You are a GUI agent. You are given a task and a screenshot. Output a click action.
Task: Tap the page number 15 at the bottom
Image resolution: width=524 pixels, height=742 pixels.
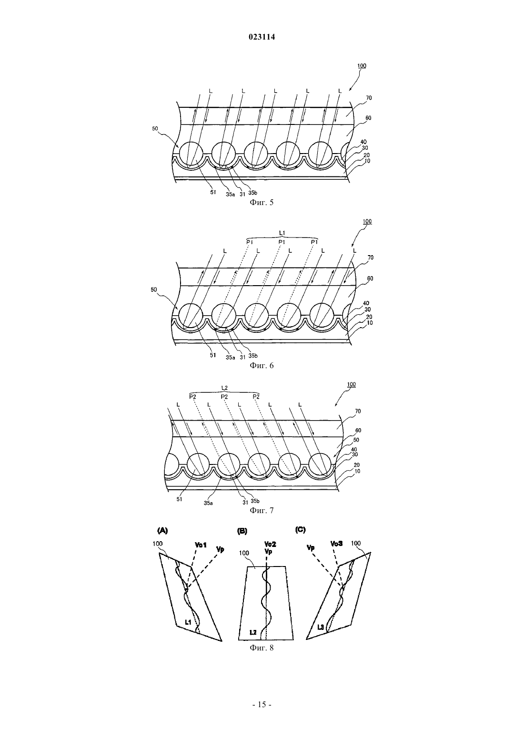262,705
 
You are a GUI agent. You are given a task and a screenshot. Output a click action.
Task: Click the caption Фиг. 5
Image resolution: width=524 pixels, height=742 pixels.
262,202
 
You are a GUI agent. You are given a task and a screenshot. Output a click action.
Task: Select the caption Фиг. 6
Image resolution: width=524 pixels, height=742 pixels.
262,365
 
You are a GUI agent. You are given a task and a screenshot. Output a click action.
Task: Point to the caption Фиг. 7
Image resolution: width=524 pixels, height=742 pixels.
262,510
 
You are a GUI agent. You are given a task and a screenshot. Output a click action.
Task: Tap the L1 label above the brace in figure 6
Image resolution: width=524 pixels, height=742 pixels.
282,233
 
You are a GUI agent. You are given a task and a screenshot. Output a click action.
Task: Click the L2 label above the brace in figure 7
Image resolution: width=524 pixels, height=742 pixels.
224,388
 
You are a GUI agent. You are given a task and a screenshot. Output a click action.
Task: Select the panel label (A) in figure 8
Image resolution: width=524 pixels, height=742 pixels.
163,530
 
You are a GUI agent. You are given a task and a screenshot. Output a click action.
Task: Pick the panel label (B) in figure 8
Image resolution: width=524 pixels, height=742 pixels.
242,531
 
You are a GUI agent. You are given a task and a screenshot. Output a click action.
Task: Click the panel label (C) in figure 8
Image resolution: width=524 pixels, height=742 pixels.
300,530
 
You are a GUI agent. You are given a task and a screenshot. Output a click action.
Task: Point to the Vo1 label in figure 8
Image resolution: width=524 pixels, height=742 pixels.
201,545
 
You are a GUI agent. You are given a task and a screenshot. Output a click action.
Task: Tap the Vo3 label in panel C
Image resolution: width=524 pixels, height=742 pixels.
337,544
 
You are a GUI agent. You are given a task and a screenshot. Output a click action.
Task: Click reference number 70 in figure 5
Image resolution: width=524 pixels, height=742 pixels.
369,98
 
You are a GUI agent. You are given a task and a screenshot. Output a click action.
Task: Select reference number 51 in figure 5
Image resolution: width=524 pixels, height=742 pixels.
213,192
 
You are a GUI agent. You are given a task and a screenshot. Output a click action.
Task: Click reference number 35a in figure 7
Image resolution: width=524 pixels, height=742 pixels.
208,503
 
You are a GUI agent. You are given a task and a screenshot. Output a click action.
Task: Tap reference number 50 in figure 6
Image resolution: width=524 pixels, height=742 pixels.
154,289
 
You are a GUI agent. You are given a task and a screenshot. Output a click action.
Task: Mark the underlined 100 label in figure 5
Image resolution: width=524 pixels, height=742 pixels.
362,66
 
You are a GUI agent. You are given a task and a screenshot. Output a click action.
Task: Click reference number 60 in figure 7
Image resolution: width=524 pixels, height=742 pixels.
358,430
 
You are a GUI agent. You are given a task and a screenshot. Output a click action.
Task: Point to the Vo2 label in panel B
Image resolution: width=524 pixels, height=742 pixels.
270,544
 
